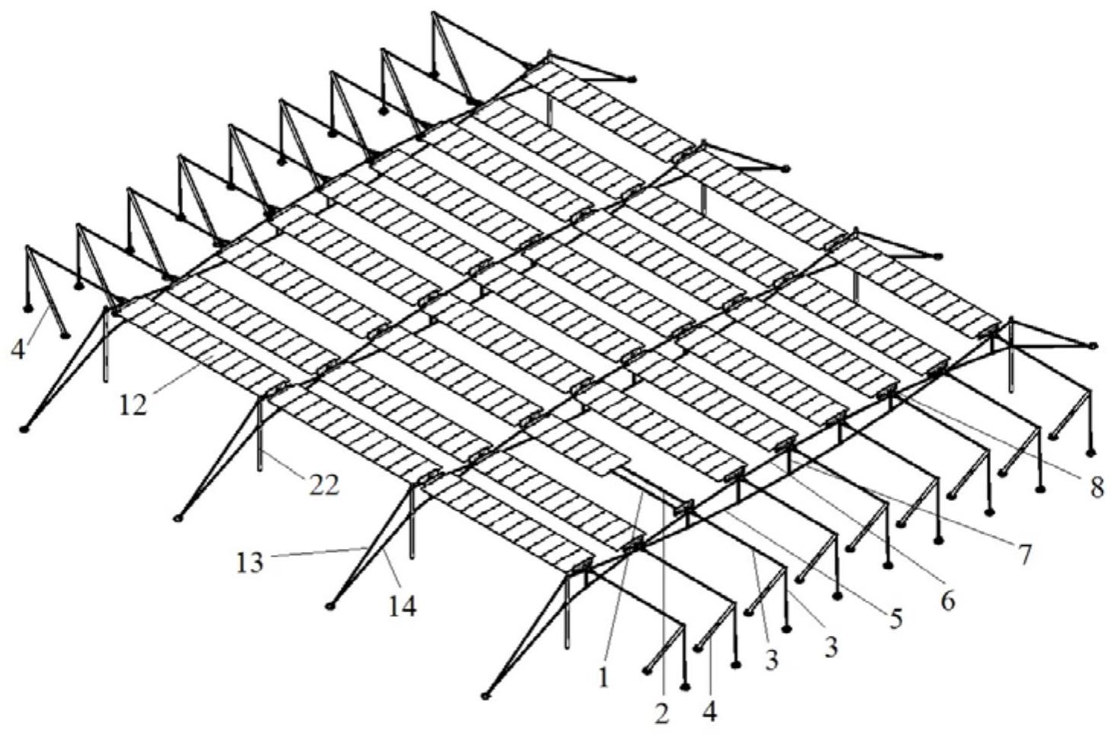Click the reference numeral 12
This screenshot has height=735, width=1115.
pyautogui.click(x=133, y=406)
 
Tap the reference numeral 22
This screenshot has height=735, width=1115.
pyautogui.click(x=323, y=486)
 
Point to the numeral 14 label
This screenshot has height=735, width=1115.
pyautogui.click(x=402, y=607)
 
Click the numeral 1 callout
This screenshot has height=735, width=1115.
pyautogui.click(x=604, y=678)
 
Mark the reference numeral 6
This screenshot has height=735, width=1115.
pyautogui.click(x=947, y=602)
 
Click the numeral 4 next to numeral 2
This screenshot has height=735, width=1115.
pyautogui.click(x=710, y=714)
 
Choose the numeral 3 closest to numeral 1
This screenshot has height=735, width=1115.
pyautogui.click(x=771, y=660)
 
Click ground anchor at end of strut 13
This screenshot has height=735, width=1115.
pyautogui.click(x=329, y=606)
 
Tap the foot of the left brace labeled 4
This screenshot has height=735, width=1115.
pyautogui.click(x=65, y=336)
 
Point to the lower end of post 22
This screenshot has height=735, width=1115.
pyautogui.click(x=259, y=468)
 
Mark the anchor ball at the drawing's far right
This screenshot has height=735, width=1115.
pyautogui.click(x=1093, y=345)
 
